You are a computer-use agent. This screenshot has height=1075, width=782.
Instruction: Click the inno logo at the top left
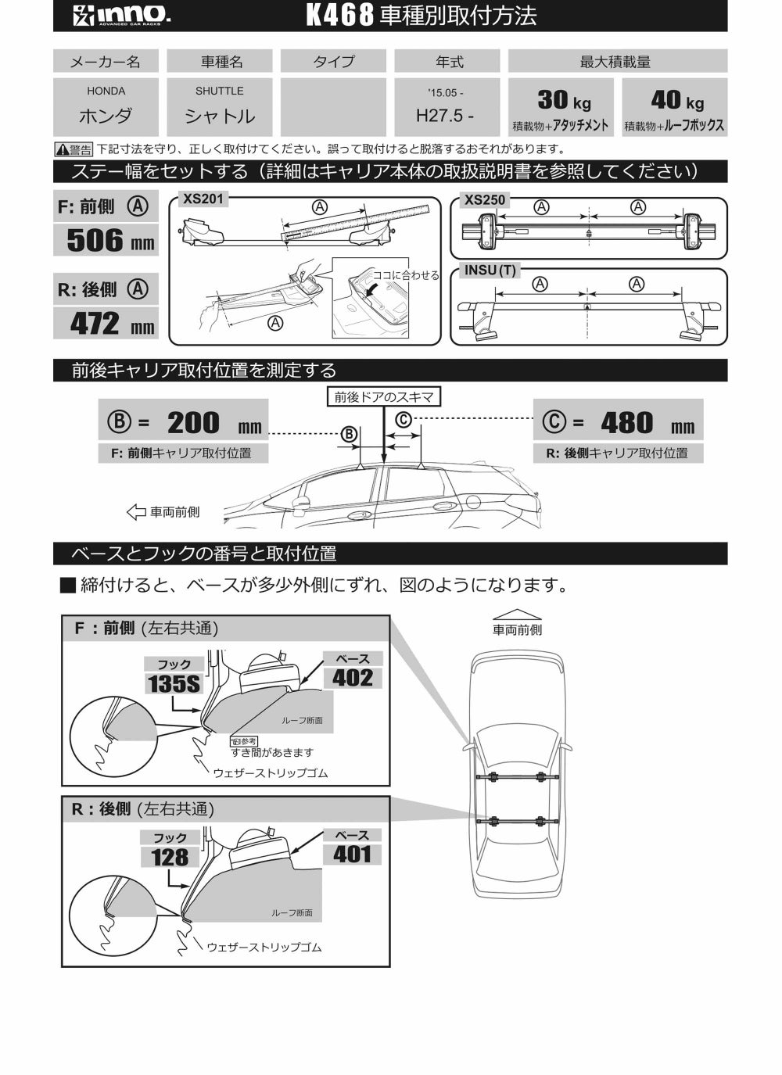coord(122,16)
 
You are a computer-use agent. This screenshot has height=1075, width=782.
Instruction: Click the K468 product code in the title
coord(339,16)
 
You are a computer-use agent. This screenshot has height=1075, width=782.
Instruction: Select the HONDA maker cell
coord(106,106)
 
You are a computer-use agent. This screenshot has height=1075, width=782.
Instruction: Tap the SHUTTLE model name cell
coord(220,106)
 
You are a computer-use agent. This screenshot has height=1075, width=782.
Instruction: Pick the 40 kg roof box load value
coord(676,100)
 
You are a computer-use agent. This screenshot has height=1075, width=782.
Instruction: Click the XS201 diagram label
coord(203,199)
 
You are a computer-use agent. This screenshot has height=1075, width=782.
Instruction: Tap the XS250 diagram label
coord(485,199)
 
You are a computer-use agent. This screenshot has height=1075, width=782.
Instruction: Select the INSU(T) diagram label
coord(490,271)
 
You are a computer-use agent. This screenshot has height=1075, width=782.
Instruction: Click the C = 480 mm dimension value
coord(626,423)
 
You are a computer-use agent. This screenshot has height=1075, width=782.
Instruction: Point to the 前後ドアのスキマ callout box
coord(383,397)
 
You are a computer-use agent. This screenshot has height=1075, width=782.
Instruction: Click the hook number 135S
coord(174,684)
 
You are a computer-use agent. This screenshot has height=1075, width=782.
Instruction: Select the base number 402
coord(353,677)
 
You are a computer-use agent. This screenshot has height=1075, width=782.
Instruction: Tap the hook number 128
coord(170,857)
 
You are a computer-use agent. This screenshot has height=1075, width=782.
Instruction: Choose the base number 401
coord(352,854)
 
